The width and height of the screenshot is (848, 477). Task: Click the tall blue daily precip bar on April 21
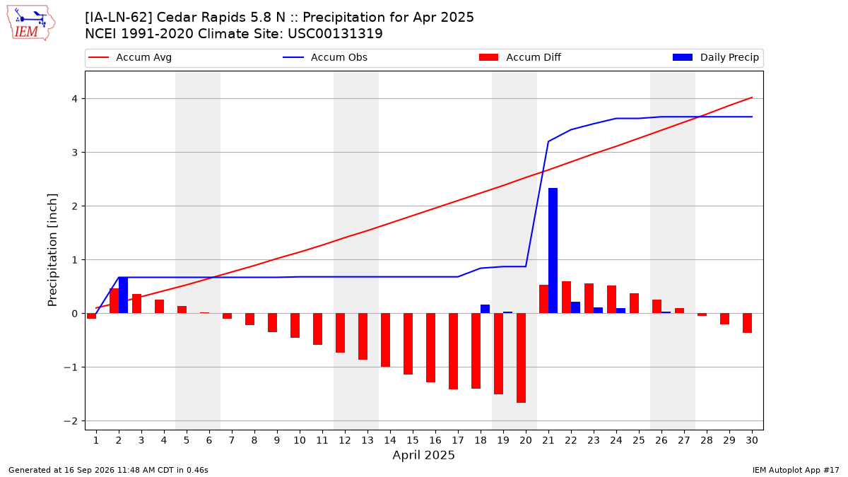[553, 251]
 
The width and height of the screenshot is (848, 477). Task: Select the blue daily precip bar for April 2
[123, 295]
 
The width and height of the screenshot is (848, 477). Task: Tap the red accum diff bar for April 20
[521, 358]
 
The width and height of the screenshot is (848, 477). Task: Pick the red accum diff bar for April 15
[408, 343]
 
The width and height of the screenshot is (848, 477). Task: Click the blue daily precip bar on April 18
[485, 309]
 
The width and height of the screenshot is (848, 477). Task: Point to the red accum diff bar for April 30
[747, 323]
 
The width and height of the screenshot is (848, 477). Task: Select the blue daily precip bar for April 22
[575, 307]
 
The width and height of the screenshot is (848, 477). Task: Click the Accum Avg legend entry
[130, 57]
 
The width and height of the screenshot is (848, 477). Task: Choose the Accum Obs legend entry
[325, 57]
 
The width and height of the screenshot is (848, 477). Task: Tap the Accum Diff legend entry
[520, 57]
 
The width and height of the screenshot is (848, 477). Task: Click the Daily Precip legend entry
[715, 57]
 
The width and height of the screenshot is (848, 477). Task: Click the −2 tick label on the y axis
[71, 421]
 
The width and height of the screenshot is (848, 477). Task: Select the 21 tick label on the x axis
[548, 440]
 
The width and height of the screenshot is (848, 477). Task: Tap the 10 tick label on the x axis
[300, 440]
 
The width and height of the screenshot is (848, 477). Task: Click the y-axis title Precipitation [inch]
[52, 250]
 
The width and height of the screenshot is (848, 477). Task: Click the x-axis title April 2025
[423, 455]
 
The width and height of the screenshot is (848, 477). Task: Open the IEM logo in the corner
[30, 23]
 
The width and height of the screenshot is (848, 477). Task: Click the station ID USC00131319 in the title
[335, 34]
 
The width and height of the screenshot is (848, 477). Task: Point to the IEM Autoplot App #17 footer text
[796, 470]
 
